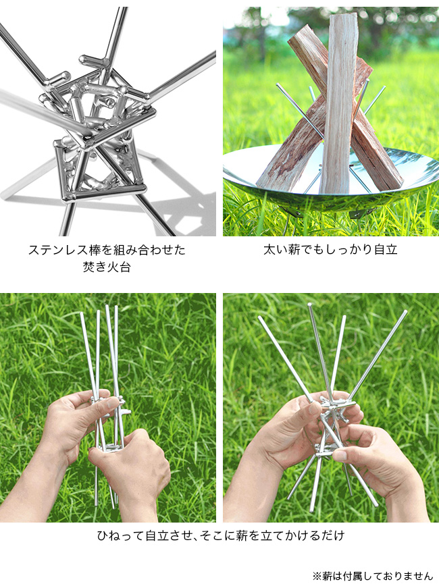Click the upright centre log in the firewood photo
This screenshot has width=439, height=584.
click(340, 104)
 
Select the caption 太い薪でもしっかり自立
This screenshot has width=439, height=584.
click(330, 250)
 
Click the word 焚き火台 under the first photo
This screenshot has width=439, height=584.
click(107, 267)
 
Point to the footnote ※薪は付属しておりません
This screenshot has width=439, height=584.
click(373, 575)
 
